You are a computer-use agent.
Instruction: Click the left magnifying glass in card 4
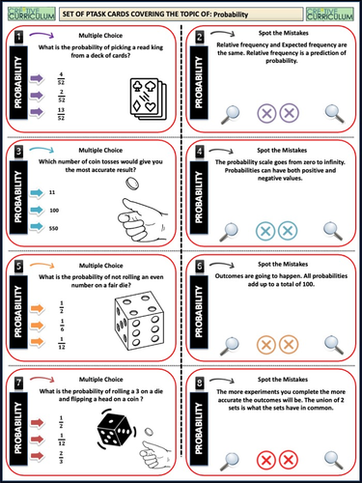(x=230, y=229)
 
